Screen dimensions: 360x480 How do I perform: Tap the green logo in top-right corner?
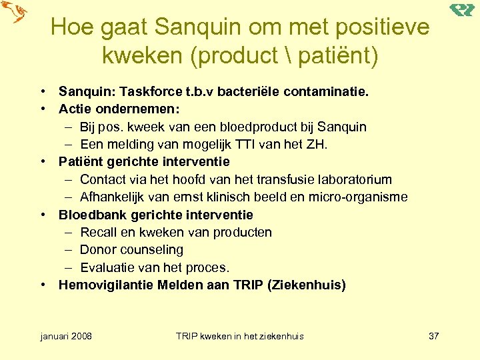(461, 10)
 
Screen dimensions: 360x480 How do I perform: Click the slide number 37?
(433, 336)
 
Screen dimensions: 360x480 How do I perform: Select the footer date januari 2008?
(67, 336)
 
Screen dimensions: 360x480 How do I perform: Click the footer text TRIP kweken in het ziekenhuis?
(239, 336)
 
